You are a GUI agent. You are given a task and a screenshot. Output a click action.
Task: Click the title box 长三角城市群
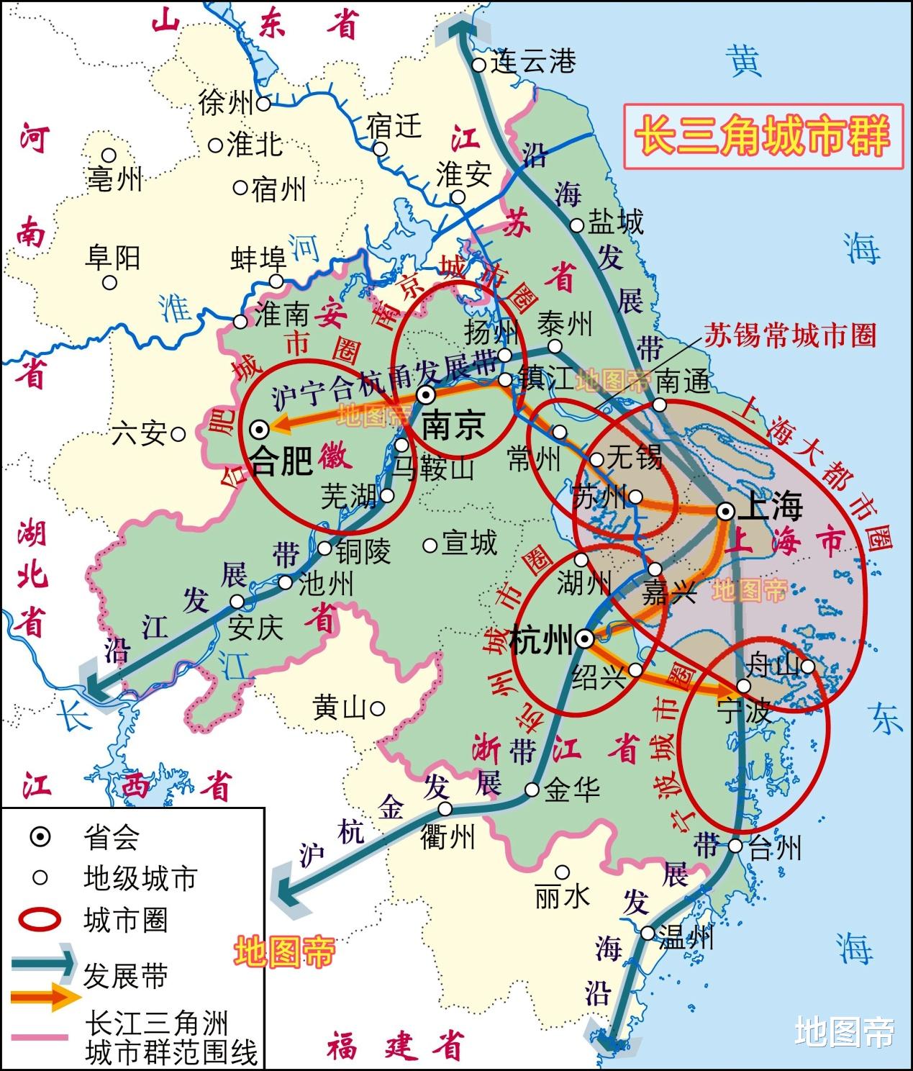click(763, 136)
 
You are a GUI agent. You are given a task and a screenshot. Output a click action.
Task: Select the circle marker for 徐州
click(264, 104)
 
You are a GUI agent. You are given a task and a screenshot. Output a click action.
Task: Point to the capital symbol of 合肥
click(259, 428)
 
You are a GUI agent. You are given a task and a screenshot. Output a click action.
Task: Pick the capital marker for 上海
click(726, 511)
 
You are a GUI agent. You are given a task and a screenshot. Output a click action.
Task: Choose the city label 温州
click(686, 938)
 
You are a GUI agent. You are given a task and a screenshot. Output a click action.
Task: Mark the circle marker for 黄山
click(377, 708)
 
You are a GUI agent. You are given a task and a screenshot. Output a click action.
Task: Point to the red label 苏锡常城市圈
click(789, 335)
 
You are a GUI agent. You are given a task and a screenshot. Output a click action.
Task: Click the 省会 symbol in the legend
click(41, 837)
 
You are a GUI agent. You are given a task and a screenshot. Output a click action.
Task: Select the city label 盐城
click(616, 222)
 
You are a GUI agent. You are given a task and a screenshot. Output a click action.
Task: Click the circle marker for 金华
click(532, 790)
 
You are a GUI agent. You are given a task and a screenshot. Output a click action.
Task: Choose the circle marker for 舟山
click(809, 666)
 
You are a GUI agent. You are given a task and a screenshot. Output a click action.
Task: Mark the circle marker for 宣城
click(430, 546)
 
